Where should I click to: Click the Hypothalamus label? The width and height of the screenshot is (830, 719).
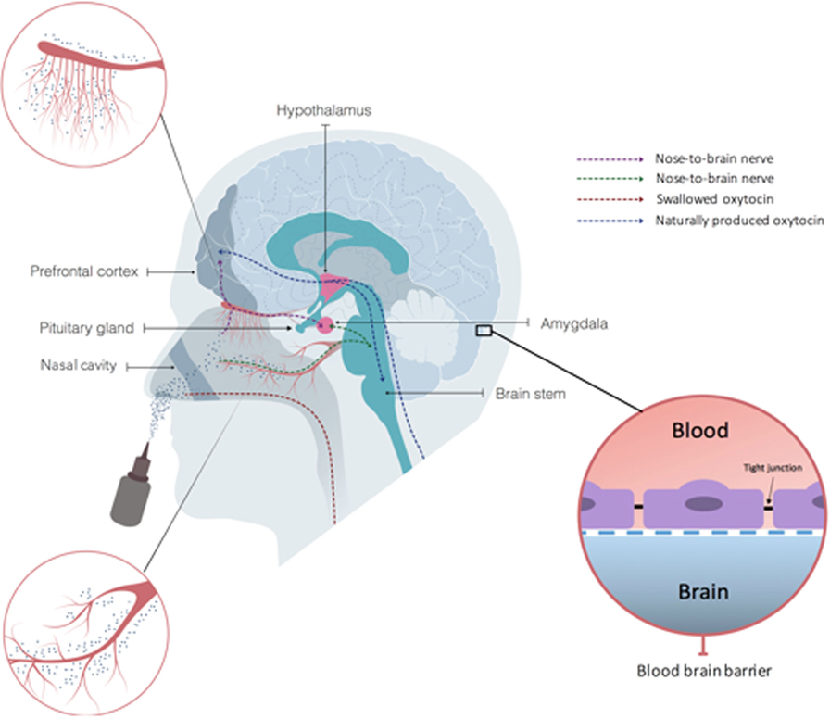[x=323, y=110]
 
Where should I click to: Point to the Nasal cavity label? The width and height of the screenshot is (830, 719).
[x=79, y=367]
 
